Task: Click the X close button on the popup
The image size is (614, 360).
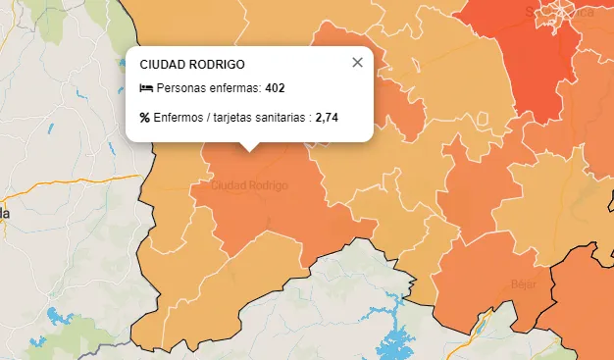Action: tap(357, 63)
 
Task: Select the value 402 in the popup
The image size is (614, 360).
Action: tap(275, 88)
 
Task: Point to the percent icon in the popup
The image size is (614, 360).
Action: tap(145, 118)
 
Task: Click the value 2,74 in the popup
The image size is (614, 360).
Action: tap(327, 118)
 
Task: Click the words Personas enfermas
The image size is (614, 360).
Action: tap(207, 88)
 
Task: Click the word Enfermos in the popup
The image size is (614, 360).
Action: tap(179, 118)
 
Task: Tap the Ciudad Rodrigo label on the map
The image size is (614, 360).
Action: tap(250, 185)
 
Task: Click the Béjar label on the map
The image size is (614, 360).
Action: tap(523, 284)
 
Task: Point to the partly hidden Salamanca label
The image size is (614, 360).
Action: tap(558, 13)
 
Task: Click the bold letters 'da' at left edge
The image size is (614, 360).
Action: tap(5, 213)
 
